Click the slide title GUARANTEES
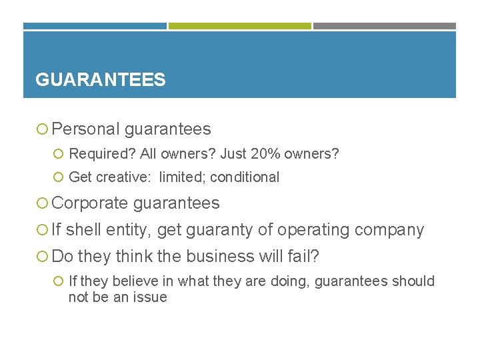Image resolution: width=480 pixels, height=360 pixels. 100,80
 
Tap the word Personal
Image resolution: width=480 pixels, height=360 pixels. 86,129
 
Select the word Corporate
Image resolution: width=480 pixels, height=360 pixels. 91,203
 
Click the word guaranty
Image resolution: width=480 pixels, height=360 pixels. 219,230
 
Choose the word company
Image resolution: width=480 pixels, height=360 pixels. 389,230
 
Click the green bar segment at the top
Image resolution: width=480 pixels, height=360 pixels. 239,26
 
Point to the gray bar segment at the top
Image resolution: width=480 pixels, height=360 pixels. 385,26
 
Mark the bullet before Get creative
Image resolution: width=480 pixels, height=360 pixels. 59,178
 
